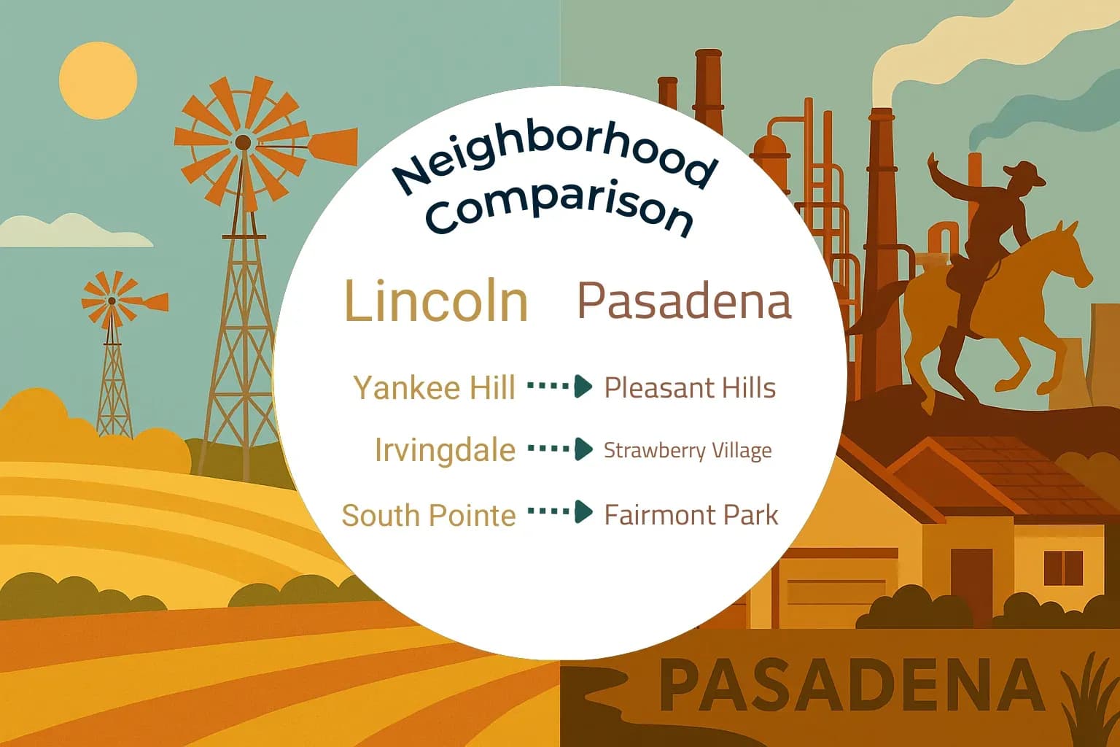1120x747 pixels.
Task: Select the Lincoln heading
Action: coord(436,301)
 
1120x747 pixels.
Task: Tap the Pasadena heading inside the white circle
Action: coord(684,301)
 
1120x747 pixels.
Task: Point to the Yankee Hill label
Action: coord(435,387)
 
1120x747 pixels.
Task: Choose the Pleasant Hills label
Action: coord(690,387)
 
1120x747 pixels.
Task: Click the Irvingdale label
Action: coord(445,449)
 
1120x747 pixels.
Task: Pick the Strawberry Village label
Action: coord(688,450)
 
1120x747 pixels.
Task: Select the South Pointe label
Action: coord(429,515)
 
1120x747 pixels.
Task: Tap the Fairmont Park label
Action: coord(691,515)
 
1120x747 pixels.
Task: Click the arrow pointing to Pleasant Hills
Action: coord(560,386)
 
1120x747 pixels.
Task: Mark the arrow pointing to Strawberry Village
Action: coord(560,449)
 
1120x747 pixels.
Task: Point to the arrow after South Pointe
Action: coord(560,511)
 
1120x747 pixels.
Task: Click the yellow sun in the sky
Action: coord(98,80)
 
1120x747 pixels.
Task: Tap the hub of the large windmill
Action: coord(244,142)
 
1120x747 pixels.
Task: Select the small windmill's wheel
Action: coord(112,299)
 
